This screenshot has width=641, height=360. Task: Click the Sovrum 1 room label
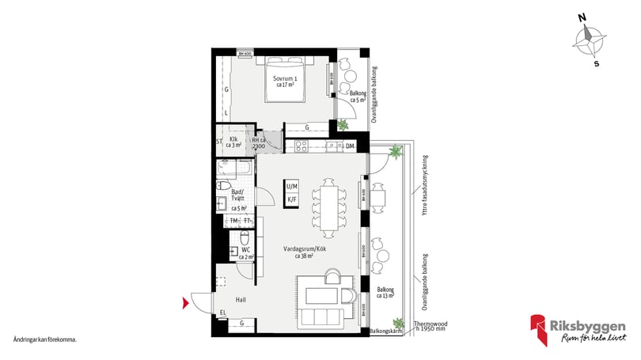(284, 81)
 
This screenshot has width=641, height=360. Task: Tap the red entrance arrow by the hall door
(186, 302)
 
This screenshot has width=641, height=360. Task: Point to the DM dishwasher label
(349, 146)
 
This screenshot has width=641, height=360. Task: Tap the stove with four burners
(301, 146)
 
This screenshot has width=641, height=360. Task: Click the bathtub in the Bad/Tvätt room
(236, 168)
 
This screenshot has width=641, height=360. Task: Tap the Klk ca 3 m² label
(235, 142)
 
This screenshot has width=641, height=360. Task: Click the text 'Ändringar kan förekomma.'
(45, 339)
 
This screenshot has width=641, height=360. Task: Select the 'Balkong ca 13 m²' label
(386, 294)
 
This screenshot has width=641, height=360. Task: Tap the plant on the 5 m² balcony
(343, 125)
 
